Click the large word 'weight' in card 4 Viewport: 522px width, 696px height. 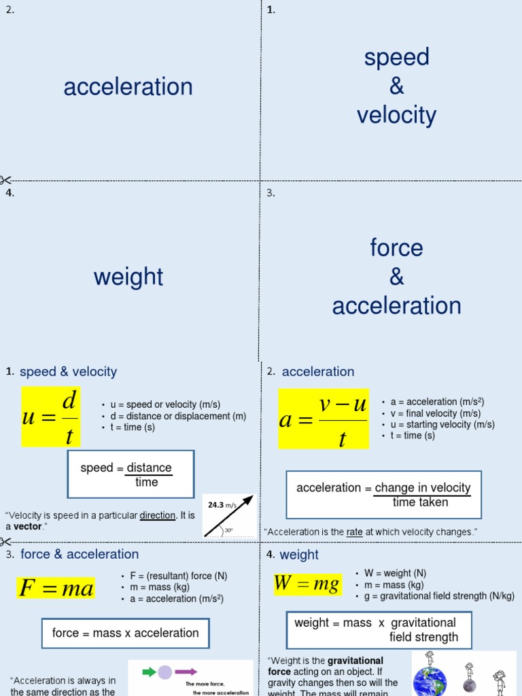128,277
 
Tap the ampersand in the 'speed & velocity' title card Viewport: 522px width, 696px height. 397,86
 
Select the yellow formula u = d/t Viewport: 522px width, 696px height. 51,417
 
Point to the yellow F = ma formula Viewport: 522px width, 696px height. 56,588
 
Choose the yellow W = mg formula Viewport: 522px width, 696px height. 307,584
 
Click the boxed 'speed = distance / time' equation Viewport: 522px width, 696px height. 130,474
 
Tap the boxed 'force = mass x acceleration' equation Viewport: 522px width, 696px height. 125,633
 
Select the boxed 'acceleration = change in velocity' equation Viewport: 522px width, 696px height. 383,495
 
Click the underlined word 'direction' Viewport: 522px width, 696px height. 158,515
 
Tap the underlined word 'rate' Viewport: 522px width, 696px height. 354,532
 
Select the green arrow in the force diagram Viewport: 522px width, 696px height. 149,672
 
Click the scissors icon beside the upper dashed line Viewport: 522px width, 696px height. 5,180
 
